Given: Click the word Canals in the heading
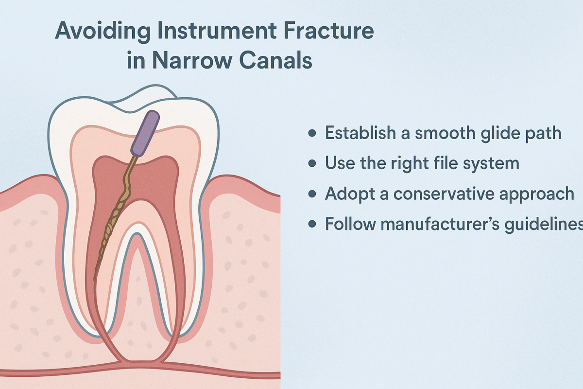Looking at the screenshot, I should [282, 61].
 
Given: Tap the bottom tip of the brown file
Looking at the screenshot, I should [94, 280].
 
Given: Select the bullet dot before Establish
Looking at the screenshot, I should [312, 133].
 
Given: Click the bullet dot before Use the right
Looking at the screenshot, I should [312, 163].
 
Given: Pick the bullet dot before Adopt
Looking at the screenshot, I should [312, 194].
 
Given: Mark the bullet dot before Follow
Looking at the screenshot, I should [312, 224].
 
